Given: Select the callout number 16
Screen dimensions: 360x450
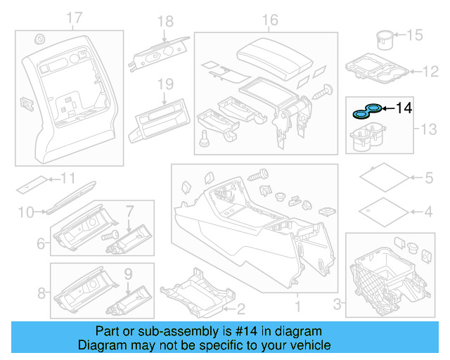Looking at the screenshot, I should [271, 20].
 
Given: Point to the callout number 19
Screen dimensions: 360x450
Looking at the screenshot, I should [165, 84].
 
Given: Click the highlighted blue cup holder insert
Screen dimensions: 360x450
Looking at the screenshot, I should [368, 110].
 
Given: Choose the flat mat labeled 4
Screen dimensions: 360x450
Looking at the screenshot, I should [382, 210].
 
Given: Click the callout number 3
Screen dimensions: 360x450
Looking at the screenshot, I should [336, 304].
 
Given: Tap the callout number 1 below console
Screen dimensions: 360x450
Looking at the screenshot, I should [297, 307].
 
